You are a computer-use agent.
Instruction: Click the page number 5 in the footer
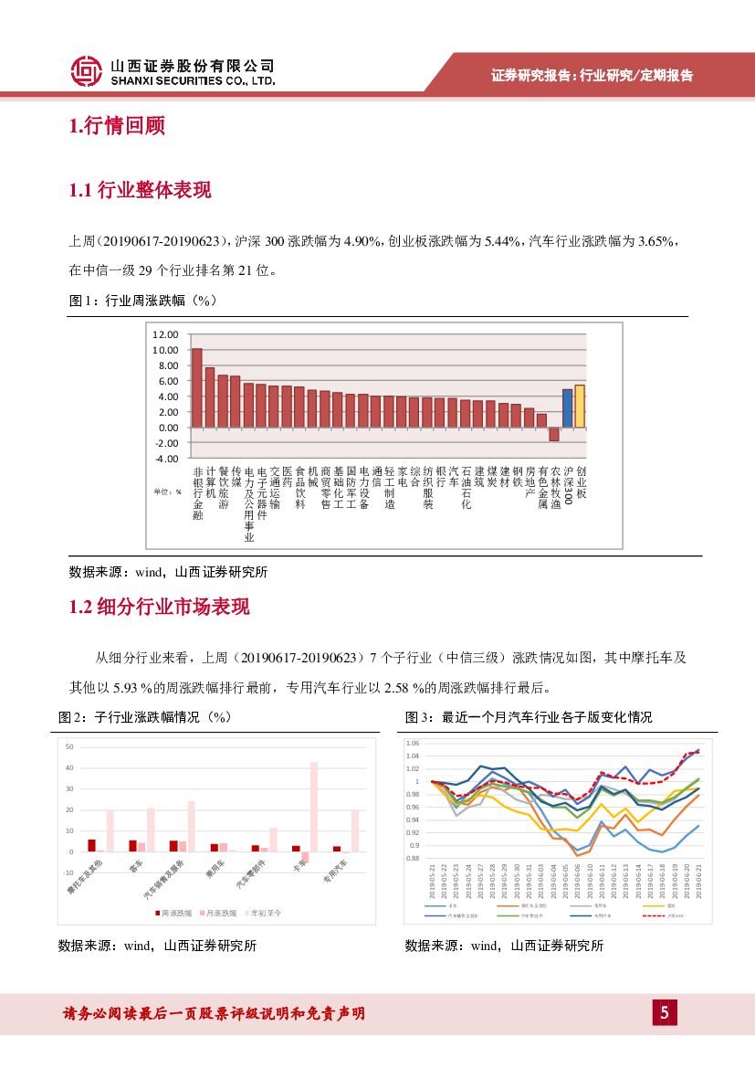(x=665, y=1012)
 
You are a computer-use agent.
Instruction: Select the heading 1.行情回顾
(x=117, y=126)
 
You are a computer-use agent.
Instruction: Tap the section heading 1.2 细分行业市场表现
(x=159, y=608)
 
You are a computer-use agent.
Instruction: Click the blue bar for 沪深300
(x=567, y=407)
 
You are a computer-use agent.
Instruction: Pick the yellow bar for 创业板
(x=580, y=406)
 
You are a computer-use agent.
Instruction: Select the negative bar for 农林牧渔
(x=554, y=434)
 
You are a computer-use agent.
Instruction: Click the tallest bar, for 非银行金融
(x=196, y=387)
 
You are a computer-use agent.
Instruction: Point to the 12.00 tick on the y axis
(x=165, y=334)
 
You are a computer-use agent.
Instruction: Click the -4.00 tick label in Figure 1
(x=165, y=458)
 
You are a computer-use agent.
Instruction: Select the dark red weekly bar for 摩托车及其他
(x=91, y=845)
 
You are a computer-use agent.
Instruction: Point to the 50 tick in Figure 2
(x=69, y=747)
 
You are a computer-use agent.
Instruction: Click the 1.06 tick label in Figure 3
(x=413, y=744)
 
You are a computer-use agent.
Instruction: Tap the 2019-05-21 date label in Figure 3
(x=432, y=882)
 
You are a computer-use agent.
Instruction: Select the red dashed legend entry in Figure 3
(x=659, y=915)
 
